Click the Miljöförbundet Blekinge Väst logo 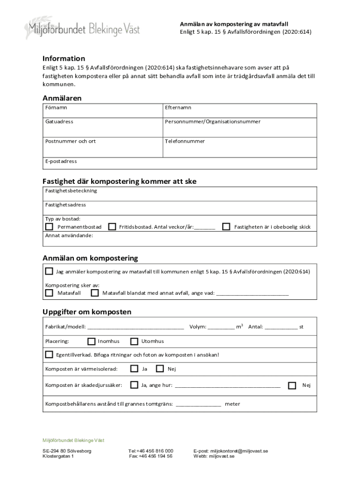coord(82,29)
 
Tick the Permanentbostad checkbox coord(49,226)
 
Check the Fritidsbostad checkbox coord(112,226)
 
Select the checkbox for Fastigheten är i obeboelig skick coord(226,226)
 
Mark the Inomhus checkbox coord(92,341)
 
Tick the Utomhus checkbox coord(134,341)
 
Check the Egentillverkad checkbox coord(49,355)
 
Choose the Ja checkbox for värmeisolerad coord(134,369)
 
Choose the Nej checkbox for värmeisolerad coord(160,369)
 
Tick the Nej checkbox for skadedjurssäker coord(292,385)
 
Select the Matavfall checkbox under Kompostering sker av coord(49,293)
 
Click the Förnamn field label coord(56,108)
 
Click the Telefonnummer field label coord(185,141)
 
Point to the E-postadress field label coord(61,161)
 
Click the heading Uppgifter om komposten coord(87,312)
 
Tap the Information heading coord(64,58)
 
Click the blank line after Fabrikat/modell coord(136,327)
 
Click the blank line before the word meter coord(199,405)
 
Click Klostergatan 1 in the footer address coord(58,456)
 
